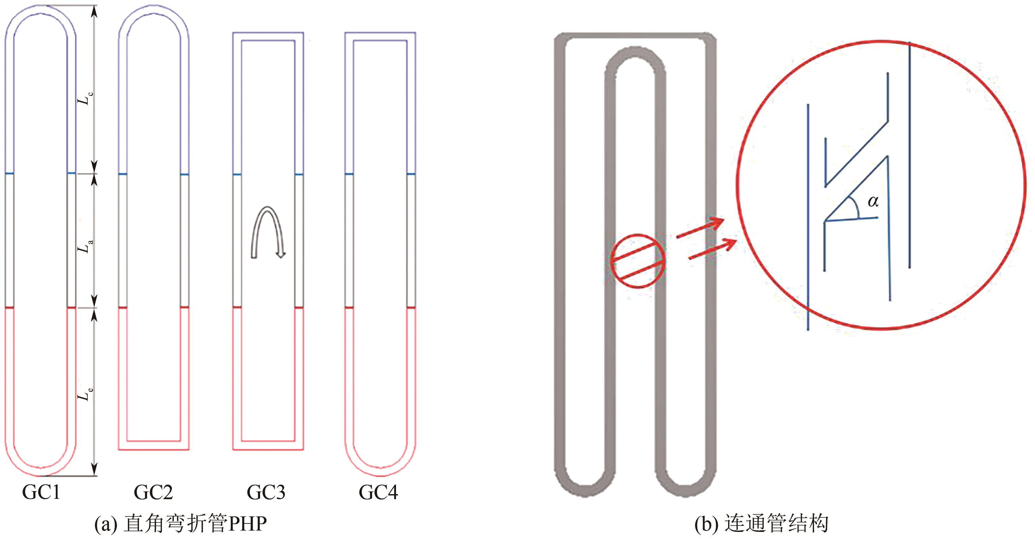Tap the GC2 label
[x=153, y=492]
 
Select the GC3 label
[x=266, y=492]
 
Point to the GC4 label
[x=378, y=492]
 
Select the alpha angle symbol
[x=873, y=201]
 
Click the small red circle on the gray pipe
[x=638, y=261]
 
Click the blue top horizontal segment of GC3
[x=268, y=36]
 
